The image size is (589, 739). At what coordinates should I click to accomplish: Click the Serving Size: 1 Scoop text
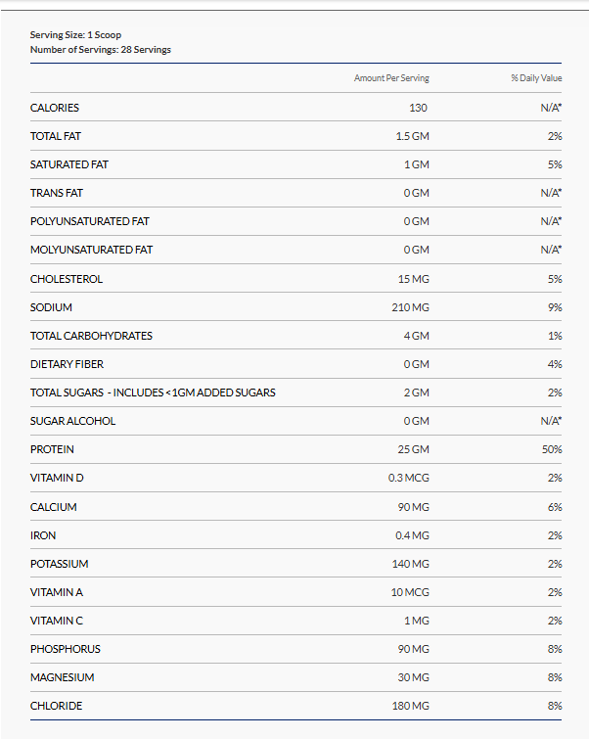pyautogui.click(x=75, y=35)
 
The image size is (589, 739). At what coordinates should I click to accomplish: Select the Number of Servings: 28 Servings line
pyautogui.click(x=100, y=49)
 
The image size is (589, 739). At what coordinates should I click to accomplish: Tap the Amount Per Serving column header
pyautogui.click(x=391, y=78)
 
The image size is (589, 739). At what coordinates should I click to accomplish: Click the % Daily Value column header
pyautogui.click(x=536, y=78)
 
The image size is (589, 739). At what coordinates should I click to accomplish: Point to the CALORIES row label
pyautogui.click(x=55, y=108)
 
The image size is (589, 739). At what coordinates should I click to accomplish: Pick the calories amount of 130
pyautogui.click(x=418, y=108)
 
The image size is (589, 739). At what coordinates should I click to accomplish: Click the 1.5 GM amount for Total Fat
pyautogui.click(x=412, y=136)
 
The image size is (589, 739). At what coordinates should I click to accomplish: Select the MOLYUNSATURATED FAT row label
pyautogui.click(x=91, y=250)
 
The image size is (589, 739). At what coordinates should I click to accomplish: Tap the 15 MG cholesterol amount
pyautogui.click(x=412, y=279)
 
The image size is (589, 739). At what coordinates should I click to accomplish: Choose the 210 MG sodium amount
pyautogui.click(x=410, y=307)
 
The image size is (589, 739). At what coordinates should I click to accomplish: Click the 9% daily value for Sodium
pyautogui.click(x=555, y=307)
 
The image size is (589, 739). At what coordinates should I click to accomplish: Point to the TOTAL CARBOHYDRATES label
pyautogui.click(x=91, y=336)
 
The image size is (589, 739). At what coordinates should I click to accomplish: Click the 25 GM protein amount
pyautogui.click(x=412, y=449)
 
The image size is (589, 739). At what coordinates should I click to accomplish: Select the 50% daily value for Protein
pyautogui.click(x=553, y=449)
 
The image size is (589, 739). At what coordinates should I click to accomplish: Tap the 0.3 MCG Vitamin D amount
pyautogui.click(x=408, y=479)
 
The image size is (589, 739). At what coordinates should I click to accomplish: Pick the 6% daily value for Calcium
pyautogui.click(x=555, y=507)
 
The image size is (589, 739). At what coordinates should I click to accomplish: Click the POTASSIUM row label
pyautogui.click(x=60, y=564)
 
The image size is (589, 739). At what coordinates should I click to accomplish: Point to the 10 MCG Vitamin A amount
pyautogui.click(x=410, y=592)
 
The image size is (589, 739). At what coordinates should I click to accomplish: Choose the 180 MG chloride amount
pyautogui.click(x=410, y=706)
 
